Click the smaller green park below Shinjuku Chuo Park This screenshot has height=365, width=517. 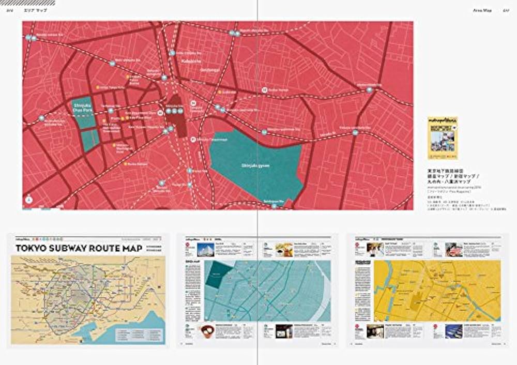tap(89, 140)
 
